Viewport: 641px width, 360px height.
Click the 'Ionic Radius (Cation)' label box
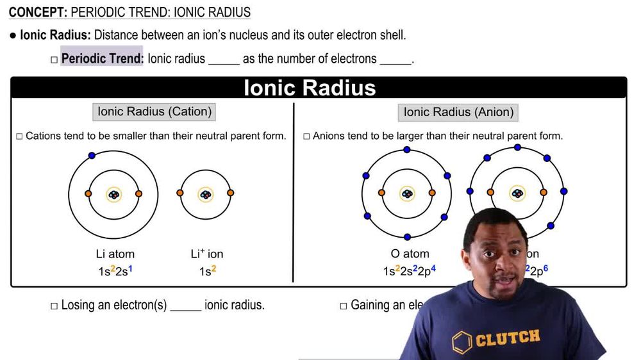154,111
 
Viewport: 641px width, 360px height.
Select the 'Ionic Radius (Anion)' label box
458,112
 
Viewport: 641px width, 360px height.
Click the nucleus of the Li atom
113,194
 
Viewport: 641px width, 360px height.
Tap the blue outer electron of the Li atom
92,156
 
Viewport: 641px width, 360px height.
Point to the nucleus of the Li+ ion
205,194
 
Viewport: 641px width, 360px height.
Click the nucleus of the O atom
406,194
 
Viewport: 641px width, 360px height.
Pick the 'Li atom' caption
113,254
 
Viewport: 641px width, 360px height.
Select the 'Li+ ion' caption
206,254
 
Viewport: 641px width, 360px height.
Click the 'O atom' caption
410,254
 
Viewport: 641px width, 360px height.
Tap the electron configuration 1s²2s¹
115,271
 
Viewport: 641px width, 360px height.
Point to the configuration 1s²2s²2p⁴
409,271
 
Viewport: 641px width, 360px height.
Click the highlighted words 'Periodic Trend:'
102,59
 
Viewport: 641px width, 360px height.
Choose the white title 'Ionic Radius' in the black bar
310,88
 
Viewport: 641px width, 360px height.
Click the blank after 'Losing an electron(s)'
186,306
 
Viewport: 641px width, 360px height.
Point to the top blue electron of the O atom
407,150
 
